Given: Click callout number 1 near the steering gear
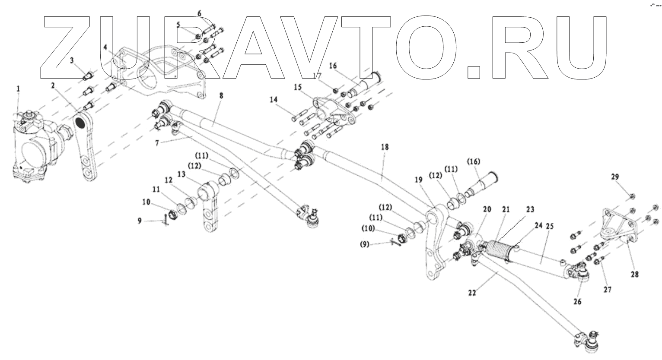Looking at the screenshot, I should [18, 89].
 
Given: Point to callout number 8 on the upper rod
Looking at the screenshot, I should [221, 96].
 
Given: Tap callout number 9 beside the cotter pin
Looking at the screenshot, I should [140, 221].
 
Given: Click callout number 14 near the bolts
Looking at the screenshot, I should [274, 100].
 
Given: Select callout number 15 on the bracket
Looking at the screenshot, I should [297, 87].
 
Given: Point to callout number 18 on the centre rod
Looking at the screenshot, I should [385, 147].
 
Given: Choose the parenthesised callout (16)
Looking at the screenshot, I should [473, 162].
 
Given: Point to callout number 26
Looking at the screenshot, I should [578, 301].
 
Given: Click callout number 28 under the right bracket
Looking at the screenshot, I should [635, 274].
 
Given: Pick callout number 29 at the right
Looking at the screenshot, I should [615, 177].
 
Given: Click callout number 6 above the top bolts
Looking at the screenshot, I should [199, 13].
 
